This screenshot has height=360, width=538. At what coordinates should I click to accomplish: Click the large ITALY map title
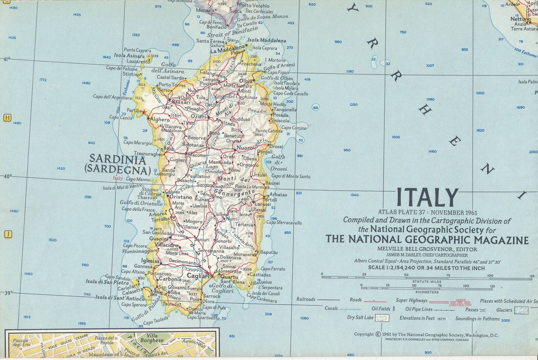pos(427,197)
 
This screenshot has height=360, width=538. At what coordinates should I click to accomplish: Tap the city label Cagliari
pos(199,276)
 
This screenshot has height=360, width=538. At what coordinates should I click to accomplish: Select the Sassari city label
pos(181,102)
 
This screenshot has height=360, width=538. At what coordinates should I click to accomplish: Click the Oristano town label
pos(181,197)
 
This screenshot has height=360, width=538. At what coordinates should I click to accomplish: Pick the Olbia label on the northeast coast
pos(246,81)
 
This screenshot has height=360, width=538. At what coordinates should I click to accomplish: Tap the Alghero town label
pos(160,120)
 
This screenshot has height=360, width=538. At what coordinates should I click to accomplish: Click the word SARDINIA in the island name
pos(118,159)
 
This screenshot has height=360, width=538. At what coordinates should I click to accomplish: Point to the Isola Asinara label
pos(129,56)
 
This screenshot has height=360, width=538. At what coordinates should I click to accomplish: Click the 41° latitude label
pos(7,59)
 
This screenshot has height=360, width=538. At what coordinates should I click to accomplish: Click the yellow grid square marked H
pos(7,118)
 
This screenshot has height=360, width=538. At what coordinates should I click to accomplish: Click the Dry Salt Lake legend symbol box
pos(382,318)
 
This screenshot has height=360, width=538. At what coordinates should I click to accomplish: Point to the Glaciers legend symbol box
pos(521,310)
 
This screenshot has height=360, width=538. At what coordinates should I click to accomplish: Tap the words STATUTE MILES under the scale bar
pos(427,281)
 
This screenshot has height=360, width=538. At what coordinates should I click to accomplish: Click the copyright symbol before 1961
pos(378,334)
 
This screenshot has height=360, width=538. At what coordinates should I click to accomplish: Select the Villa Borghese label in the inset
pos(152,338)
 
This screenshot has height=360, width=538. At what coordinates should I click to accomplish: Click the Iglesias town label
pos(150,261)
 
